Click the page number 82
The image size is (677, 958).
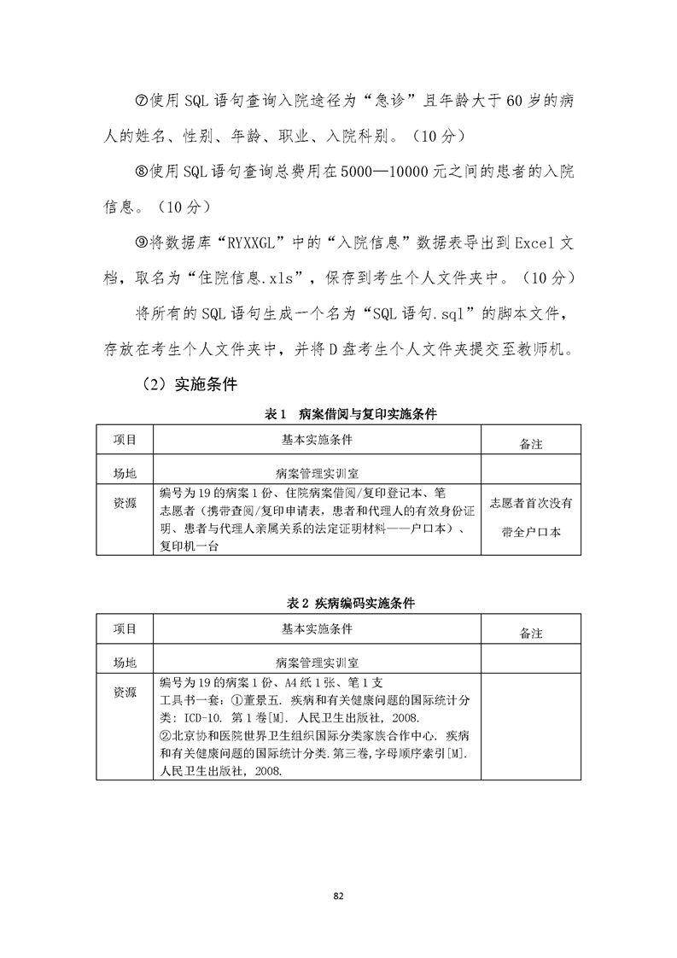[x=338, y=895]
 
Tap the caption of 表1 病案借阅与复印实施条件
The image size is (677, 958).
[x=351, y=414]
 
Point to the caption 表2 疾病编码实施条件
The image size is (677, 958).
[x=351, y=603]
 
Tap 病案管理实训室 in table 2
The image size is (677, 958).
[x=317, y=662]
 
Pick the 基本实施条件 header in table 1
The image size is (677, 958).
[x=317, y=440]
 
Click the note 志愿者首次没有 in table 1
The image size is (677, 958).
[x=531, y=503]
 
